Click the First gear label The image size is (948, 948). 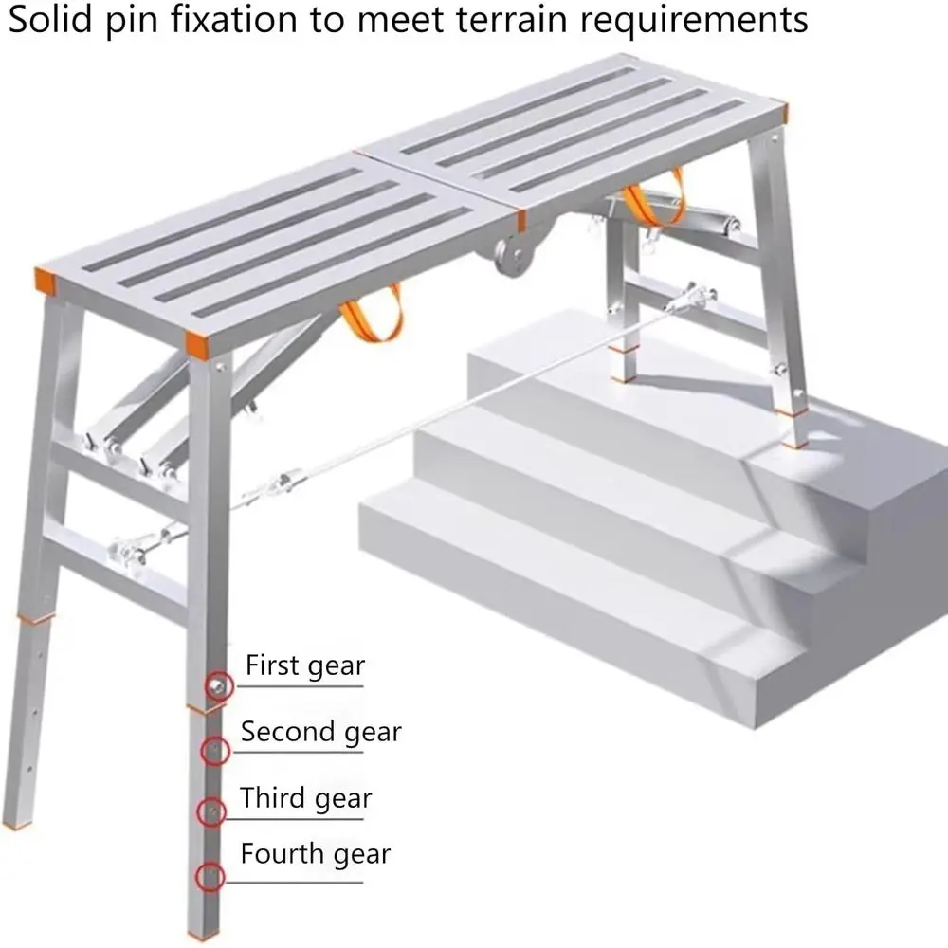[x=304, y=665]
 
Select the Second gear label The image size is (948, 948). [x=320, y=732]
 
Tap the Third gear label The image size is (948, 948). [x=305, y=797]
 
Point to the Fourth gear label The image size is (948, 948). [x=315, y=854]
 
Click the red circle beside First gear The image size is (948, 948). [x=219, y=686]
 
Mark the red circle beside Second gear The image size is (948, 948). [x=214, y=752]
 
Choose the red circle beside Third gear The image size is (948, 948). [x=211, y=811]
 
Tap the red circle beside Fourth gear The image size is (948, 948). [x=210, y=877]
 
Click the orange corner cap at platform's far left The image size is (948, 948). [x=45, y=276]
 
